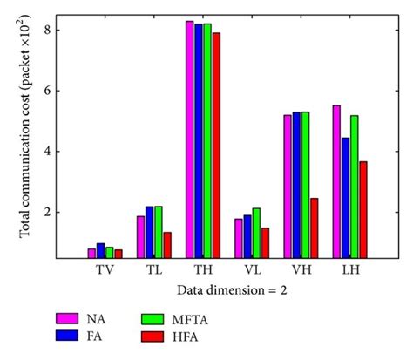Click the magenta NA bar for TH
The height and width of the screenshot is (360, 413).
189,139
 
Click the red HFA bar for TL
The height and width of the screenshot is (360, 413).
167,245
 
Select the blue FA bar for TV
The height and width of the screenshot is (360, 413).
100,250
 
